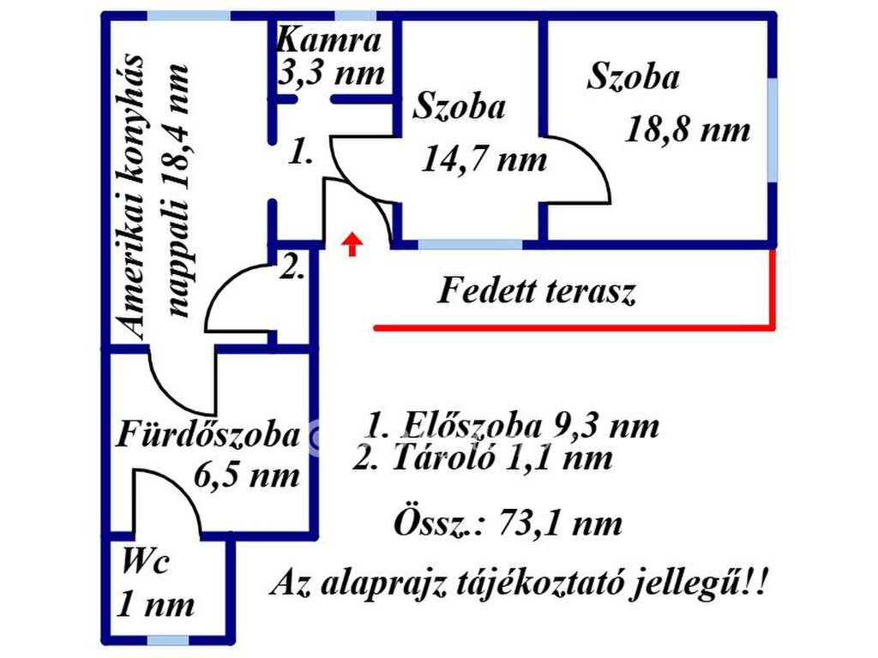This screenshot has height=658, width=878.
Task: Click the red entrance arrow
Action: click(352, 244)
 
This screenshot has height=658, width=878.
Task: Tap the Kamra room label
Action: click(329, 40)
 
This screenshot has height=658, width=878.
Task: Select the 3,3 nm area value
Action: click(331, 72)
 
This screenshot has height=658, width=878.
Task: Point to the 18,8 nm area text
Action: click(688, 129)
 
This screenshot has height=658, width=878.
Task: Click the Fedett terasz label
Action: click(537, 292)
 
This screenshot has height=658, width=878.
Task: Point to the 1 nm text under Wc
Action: click(155, 605)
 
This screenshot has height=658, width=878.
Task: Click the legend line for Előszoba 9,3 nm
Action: click(513, 425)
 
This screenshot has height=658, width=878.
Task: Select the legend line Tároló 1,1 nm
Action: click(483, 458)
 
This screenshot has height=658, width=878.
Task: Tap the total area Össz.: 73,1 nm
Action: click(508, 522)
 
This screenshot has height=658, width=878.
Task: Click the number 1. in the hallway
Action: click(299, 154)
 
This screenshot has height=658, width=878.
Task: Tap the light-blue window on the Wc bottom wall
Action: click(168, 640)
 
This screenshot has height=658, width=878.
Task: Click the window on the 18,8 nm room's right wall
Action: click(773, 129)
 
